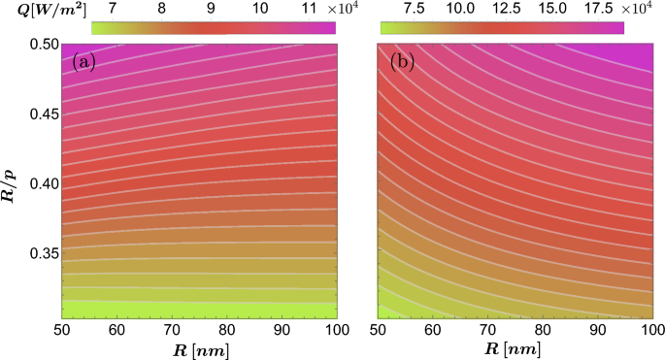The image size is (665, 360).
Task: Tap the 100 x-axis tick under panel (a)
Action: click(x=335, y=331)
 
